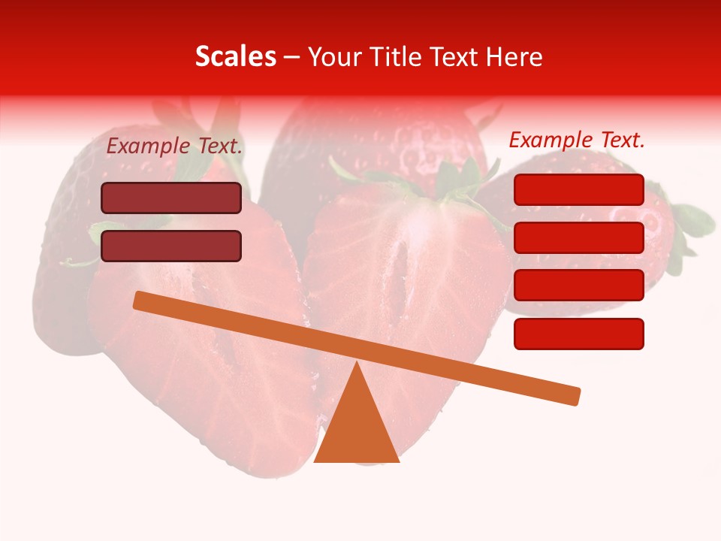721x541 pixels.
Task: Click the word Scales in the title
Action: point(235,57)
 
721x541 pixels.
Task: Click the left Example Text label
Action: point(174,147)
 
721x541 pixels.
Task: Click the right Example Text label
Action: point(577,140)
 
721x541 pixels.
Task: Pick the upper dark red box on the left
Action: point(171,198)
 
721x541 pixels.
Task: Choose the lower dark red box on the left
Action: point(171,246)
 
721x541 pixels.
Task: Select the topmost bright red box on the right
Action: point(578,189)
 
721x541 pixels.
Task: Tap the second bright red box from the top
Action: point(578,237)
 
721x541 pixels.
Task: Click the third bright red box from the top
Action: point(578,286)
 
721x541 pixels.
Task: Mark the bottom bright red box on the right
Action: point(578,334)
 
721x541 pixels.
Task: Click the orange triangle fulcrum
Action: point(356,428)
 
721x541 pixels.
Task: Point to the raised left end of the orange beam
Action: point(140,300)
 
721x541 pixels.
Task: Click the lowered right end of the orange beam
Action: point(574,396)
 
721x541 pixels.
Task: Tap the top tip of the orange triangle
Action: point(357,365)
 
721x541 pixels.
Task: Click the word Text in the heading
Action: point(454,57)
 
